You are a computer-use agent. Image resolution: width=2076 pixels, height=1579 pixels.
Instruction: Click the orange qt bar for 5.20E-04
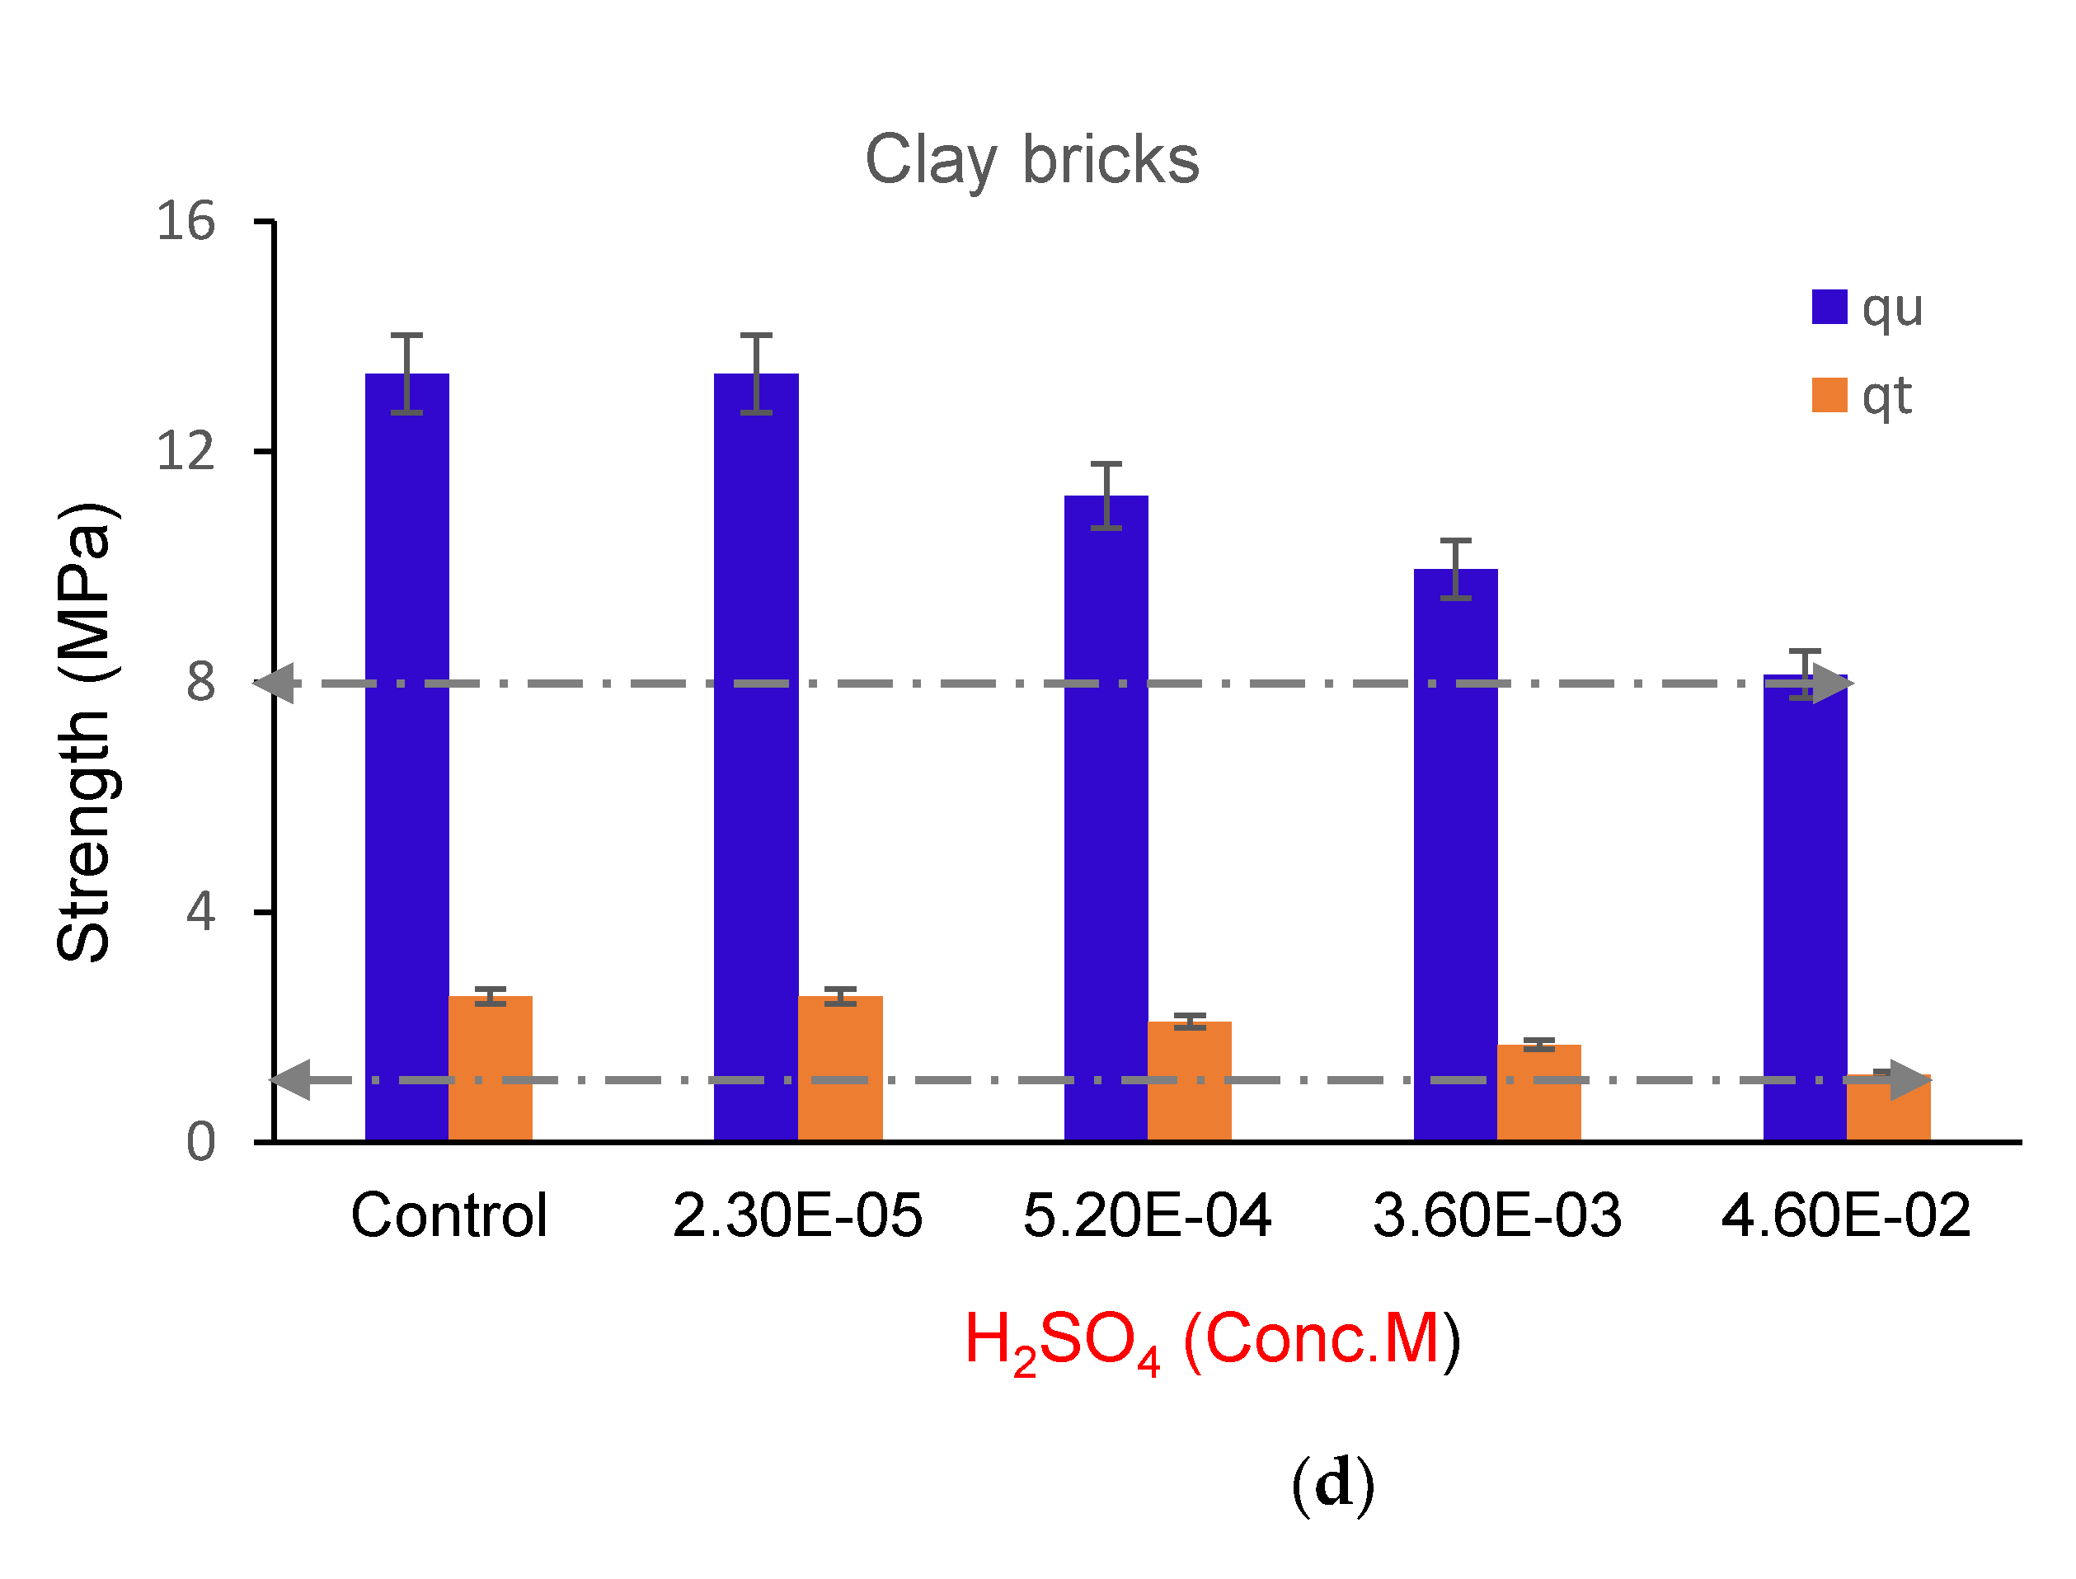[1189, 1082]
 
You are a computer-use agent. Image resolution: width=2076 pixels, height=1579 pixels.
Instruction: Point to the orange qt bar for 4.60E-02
[1888, 1109]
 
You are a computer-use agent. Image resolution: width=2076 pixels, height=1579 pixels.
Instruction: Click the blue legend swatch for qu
[1829, 308]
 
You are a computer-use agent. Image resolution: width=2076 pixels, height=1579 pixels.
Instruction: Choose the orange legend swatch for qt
[1829, 395]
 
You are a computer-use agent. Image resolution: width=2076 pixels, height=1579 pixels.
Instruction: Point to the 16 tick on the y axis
[186, 222]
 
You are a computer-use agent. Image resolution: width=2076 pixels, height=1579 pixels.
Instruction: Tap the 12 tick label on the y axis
[186, 451]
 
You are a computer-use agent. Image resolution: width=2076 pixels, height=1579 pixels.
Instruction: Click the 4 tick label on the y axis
[200, 911]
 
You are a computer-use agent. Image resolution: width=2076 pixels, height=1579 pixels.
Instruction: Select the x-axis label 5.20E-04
[1147, 1215]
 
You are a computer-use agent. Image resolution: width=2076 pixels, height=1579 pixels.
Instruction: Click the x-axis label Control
[449, 1215]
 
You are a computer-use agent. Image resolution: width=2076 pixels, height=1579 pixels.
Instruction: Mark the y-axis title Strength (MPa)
[85, 733]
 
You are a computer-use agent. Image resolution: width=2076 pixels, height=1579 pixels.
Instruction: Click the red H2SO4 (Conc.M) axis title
[1212, 1339]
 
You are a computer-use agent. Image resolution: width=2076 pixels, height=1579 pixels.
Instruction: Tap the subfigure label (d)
[1332, 1484]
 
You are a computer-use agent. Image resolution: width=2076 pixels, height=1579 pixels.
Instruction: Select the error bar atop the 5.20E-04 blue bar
[1106, 496]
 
